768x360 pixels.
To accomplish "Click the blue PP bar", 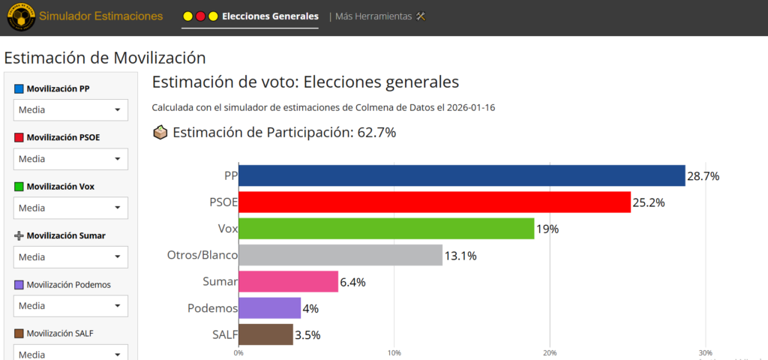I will (x=461, y=175).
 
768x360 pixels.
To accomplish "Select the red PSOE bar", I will (x=434, y=202).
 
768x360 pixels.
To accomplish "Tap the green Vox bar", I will (x=386, y=229).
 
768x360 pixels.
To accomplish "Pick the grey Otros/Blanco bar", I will (x=340, y=255).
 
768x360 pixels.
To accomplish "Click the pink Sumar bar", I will (x=288, y=282).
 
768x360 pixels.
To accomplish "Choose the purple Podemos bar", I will (x=269, y=308).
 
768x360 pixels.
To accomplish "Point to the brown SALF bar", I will (x=265, y=334).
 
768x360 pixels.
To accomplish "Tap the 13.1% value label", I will (x=460, y=256).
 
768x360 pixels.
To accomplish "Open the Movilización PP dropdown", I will (x=70, y=110).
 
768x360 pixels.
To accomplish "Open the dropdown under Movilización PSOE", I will (x=70, y=159).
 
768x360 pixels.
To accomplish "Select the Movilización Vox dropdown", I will (x=70, y=208).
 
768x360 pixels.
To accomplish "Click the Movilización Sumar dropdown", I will (x=70, y=257).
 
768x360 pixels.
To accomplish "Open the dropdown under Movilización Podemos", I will (x=70, y=306).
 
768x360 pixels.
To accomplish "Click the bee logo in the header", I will (x=20, y=17).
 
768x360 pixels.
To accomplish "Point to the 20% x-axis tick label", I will (x=550, y=352).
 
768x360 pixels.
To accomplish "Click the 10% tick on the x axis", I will (x=394, y=352).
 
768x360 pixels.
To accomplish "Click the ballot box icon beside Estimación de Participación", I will (x=160, y=133).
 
